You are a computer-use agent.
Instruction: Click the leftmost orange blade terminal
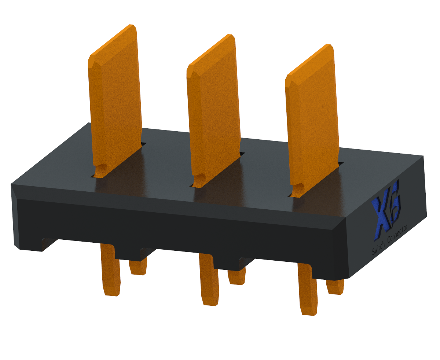(115, 106)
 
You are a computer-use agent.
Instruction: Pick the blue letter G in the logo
(395, 207)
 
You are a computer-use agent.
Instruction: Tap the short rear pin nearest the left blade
(139, 267)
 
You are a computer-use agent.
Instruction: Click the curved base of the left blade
(101, 171)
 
